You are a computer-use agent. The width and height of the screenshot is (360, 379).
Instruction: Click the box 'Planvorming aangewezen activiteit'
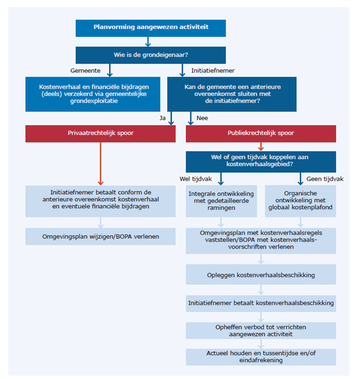tap(150, 28)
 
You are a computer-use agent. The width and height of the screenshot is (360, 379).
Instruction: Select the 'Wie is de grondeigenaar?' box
tap(150, 55)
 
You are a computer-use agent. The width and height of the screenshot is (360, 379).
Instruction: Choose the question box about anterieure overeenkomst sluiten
tap(231, 94)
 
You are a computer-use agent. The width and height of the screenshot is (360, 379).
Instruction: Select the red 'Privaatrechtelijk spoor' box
tap(100, 134)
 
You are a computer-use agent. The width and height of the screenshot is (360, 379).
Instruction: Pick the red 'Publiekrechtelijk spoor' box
tap(261, 134)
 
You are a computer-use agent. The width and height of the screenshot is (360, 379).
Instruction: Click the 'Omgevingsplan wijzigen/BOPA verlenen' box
tap(100, 236)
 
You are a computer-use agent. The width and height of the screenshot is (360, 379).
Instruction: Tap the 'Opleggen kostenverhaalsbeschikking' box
tap(261, 274)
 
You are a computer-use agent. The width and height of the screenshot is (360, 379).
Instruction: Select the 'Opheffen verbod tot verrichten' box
tap(261, 331)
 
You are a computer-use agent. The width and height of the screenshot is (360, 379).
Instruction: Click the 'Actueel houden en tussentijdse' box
tap(261, 357)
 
